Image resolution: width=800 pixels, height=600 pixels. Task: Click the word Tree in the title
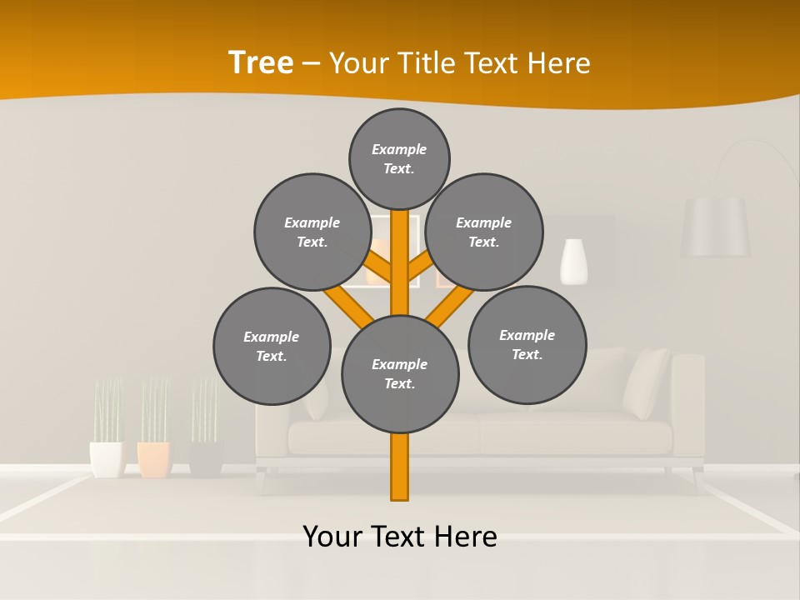coord(261,63)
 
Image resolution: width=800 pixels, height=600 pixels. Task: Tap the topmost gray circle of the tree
coord(399,158)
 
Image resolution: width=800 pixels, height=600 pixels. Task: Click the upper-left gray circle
coord(312,232)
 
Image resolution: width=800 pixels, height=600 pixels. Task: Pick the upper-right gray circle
coord(484,232)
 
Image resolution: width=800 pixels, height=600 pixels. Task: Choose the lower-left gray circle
coord(272,346)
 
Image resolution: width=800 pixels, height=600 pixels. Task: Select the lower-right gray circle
coord(527,344)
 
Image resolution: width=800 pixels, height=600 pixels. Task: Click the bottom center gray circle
coord(400,373)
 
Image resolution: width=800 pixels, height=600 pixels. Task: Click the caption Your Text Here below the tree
coord(400,536)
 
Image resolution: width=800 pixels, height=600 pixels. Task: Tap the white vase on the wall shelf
coord(573,262)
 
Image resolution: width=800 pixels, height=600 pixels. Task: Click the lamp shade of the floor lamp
coord(715,227)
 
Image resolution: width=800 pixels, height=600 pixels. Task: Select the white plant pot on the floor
coord(107,459)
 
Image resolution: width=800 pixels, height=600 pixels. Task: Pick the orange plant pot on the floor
coord(154,459)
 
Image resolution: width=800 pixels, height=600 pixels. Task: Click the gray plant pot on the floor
coord(205,458)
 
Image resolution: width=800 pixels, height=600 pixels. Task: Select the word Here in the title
coord(561,63)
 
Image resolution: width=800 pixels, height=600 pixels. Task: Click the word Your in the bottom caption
coord(333,536)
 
